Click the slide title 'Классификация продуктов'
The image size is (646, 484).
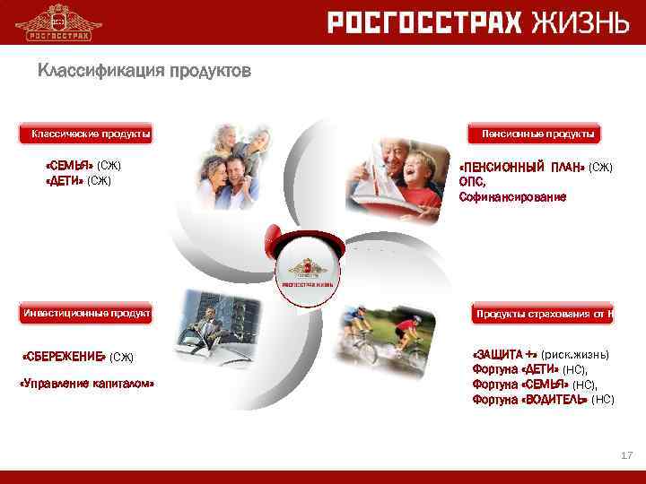click(x=144, y=70)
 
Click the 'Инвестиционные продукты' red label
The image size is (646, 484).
click(x=86, y=313)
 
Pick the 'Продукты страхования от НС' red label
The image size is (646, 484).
click(x=542, y=313)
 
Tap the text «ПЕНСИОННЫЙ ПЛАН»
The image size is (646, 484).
click(x=521, y=168)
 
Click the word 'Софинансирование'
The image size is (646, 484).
click(x=512, y=196)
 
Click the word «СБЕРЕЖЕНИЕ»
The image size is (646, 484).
click(x=64, y=357)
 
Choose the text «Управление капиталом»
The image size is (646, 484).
click(x=87, y=384)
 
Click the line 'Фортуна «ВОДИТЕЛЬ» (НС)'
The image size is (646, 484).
click(x=543, y=400)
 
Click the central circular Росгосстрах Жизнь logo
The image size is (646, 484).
click(x=308, y=270)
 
